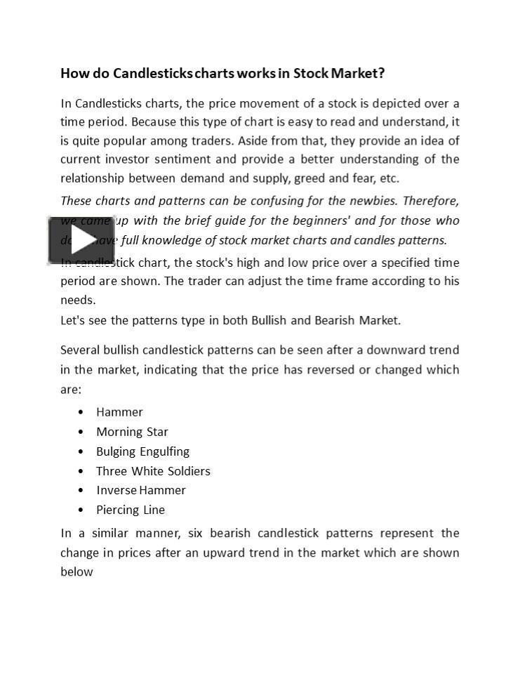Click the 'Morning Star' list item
click(x=132, y=432)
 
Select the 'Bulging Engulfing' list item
click(x=142, y=451)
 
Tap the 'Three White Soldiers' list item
click(x=153, y=471)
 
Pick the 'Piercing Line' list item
click(x=131, y=510)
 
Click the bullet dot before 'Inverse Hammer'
click(x=81, y=490)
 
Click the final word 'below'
click(x=76, y=571)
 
